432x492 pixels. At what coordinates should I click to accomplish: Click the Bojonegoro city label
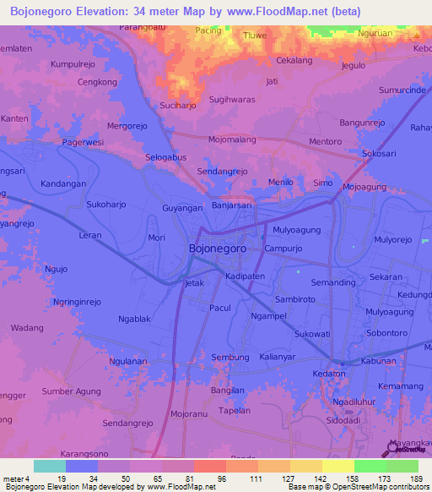pyautogui.click(x=217, y=249)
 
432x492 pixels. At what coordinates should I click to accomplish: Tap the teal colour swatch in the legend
pyautogui.click(x=50, y=466)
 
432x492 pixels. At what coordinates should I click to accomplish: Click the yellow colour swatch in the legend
pyautogui.click(x=338, y=466)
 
